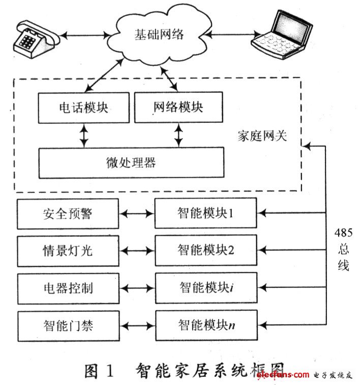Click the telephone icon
(37, 39)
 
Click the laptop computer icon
(282, 35)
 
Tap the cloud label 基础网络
(159, 34)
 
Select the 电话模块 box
(83, 108)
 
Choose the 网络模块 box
(178, 107)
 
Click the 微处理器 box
(131, 163)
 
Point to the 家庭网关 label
(262, 136)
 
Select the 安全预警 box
(68, 214)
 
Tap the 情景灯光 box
(68, 251)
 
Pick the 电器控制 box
(68, 288)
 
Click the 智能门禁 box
(69, 326)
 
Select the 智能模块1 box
(206, 213)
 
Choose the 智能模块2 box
(206, 250)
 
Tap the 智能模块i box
(206, 287)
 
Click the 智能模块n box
(206, 325)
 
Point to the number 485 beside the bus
(344, 233)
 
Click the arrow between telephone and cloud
(85, 36)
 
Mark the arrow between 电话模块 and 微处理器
(84, 136)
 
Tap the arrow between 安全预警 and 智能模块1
(137, 214)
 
